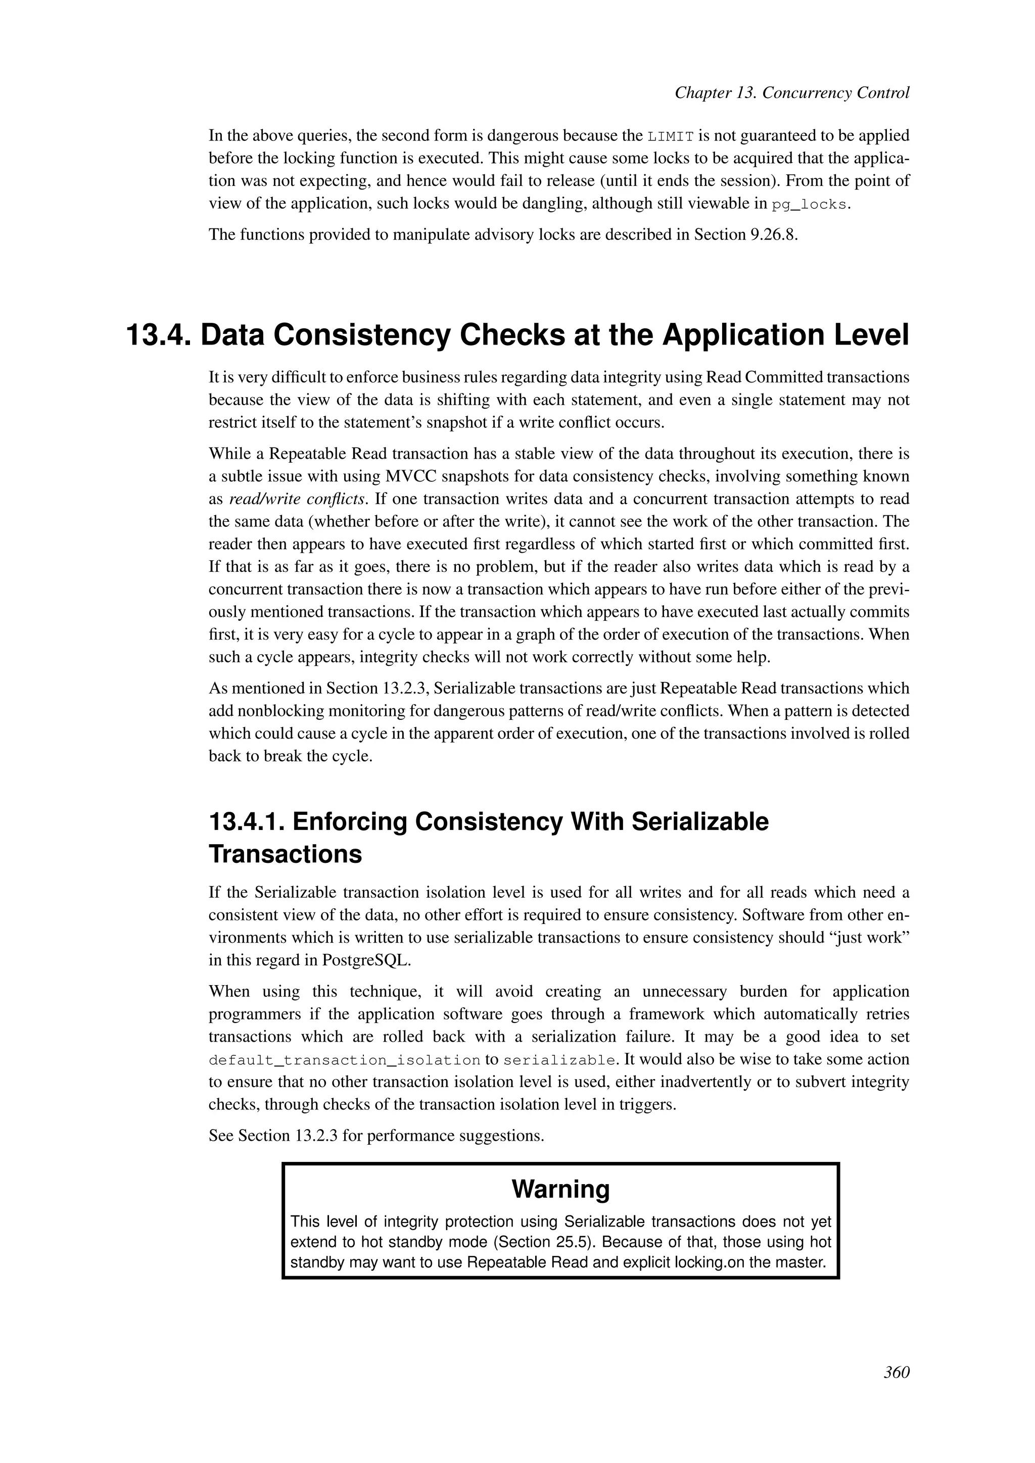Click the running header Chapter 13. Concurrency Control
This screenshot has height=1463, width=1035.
pos(791,93)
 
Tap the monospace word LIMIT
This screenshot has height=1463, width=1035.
pos(671,136)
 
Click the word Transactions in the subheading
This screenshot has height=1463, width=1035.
pos(285,854)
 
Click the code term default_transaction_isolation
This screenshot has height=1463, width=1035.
pos(344,1061)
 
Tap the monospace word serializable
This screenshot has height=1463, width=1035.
pos(559,1061)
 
